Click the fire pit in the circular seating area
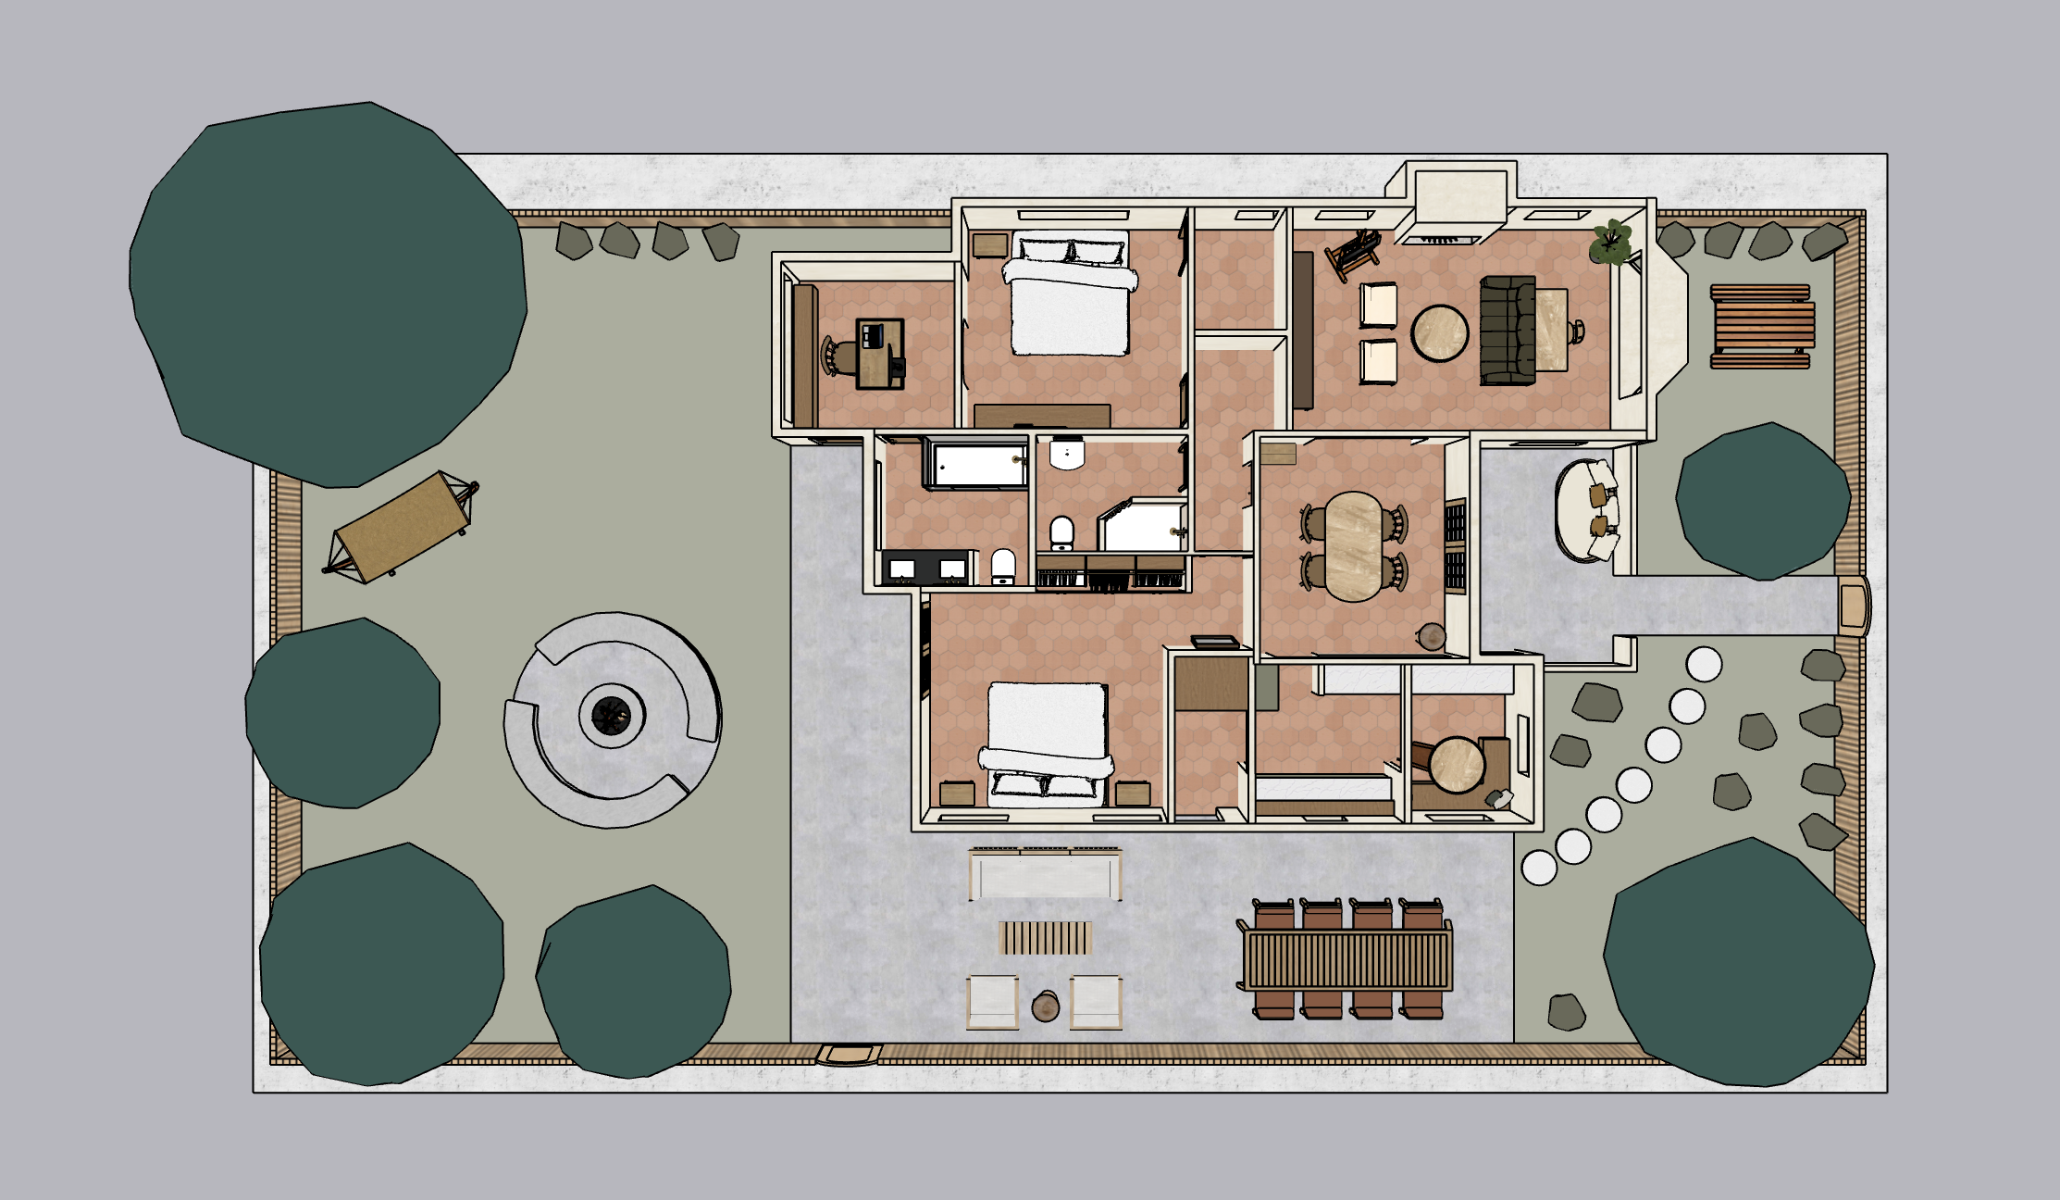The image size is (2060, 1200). point(611,715)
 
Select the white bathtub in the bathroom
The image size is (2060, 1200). point(978,465)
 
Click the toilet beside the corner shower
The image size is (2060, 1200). point(1061,532)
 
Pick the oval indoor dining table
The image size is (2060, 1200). point(1353,546)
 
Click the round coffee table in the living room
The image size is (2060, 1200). point(1439,332)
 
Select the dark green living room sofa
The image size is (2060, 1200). point(1507,330)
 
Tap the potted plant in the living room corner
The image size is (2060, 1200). point(1611,241)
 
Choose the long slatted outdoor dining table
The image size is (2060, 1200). point(1347,959)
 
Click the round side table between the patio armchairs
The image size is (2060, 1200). point(1046,1006)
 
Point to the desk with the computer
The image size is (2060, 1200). point(879,354)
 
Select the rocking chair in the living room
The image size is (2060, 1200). point(1353,251)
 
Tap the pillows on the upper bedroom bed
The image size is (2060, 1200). point(1071,250)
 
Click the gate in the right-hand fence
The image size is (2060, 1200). point(1854,606)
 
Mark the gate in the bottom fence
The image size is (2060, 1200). point(849,1054)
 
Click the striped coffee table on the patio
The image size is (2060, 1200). point(1046,937)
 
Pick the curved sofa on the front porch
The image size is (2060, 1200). point(1584,510)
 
